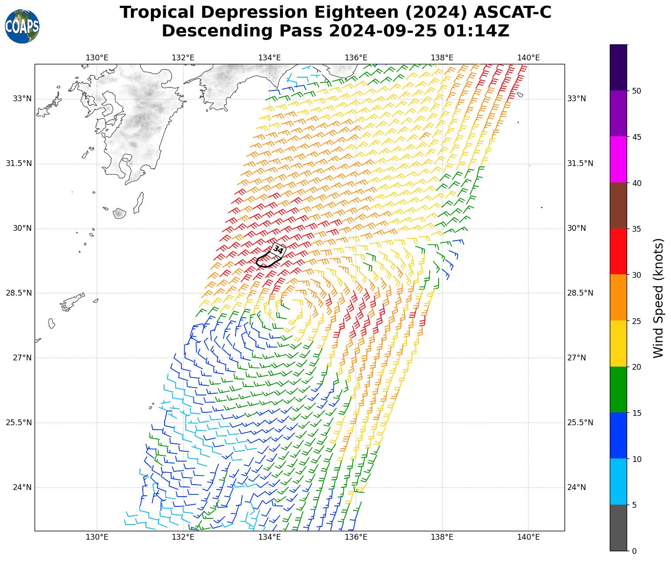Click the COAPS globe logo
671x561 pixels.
pyautogui.click(x=22, y=26)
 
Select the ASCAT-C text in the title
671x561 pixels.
pyautogui.click(x=512, y=12)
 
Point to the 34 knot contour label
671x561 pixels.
pyautogui.click(x=278, y=249)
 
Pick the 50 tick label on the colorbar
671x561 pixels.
pyautogui.click(x=636, y=91)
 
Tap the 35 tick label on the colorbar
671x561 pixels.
pyautogui.click(x=636, y=229)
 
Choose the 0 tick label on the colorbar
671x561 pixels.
pyautogui.click(x=634, y=551)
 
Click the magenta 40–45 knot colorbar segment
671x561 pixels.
pyautogui.click(x=618, y=159)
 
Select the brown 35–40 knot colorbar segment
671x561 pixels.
pyautogui.click(x=618, y=205)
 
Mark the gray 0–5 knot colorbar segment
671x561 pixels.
pyautogui.click(x=618, y=528)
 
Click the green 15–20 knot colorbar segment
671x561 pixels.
pyautogui.click(x=618, y=390)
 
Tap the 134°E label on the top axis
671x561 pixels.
pyautogui.click(x=270, y=58)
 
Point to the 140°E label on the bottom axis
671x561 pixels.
pyautogui.click(x=528, y=537)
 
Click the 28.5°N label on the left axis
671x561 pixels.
pyautogui.click(x=19, y=293)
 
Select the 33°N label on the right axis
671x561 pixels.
pyautogui.click(x=577, y=99)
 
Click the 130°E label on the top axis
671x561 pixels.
pyautogui.click(x=97, y=58)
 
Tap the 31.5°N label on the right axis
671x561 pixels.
pyautogui.click(x=580, y=163)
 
